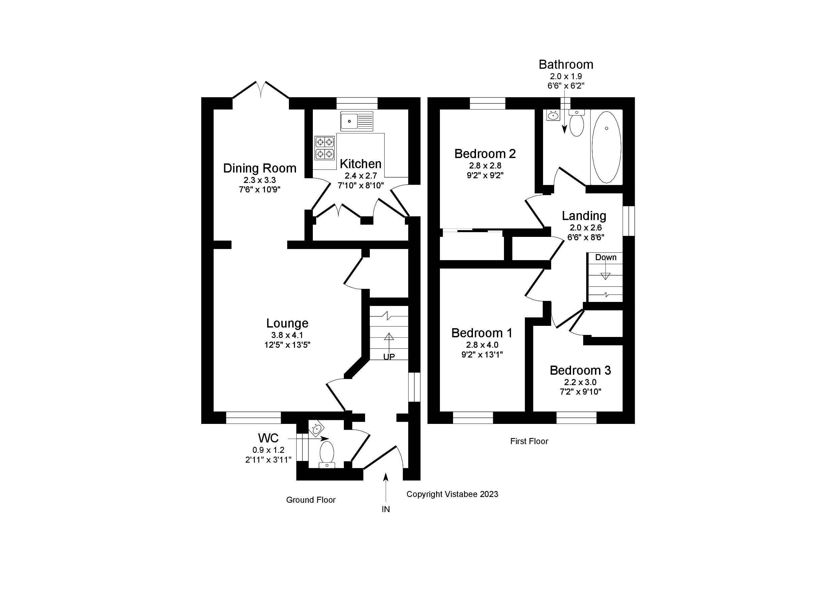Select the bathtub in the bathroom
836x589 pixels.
tap(606, 147)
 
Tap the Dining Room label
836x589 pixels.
tap(260, 168)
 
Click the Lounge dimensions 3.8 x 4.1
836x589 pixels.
tap(287, 335)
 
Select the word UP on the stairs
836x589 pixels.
tap(389, 357)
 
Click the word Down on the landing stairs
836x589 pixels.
tap(605, 257)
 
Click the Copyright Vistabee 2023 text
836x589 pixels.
tap(452, 494)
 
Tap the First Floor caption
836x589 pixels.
tap(529, 441)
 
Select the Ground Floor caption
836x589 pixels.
tap(310, 500)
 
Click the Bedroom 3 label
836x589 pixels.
tap(580, 370)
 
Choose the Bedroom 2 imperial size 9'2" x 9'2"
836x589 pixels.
tap(485, 175)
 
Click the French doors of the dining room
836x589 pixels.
tap(261, 90)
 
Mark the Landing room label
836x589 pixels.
tap(584, 216)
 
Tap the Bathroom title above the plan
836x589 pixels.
tap(566, 64)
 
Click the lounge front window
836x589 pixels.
tap(253, 417)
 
